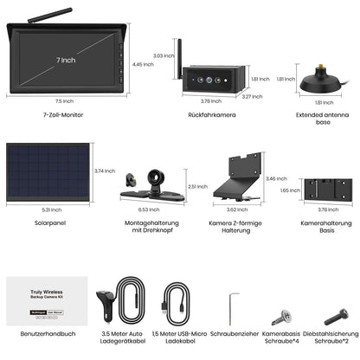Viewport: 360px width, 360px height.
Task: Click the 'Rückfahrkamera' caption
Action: (x=212, y=114)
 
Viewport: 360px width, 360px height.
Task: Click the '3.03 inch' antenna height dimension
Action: (x=157, y=55)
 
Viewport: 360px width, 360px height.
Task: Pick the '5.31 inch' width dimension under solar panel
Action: (x=48, y=209)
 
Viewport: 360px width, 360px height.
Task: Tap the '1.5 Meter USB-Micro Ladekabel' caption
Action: (x=179, y=337)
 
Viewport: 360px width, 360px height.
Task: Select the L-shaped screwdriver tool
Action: (x=229, y=305)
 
